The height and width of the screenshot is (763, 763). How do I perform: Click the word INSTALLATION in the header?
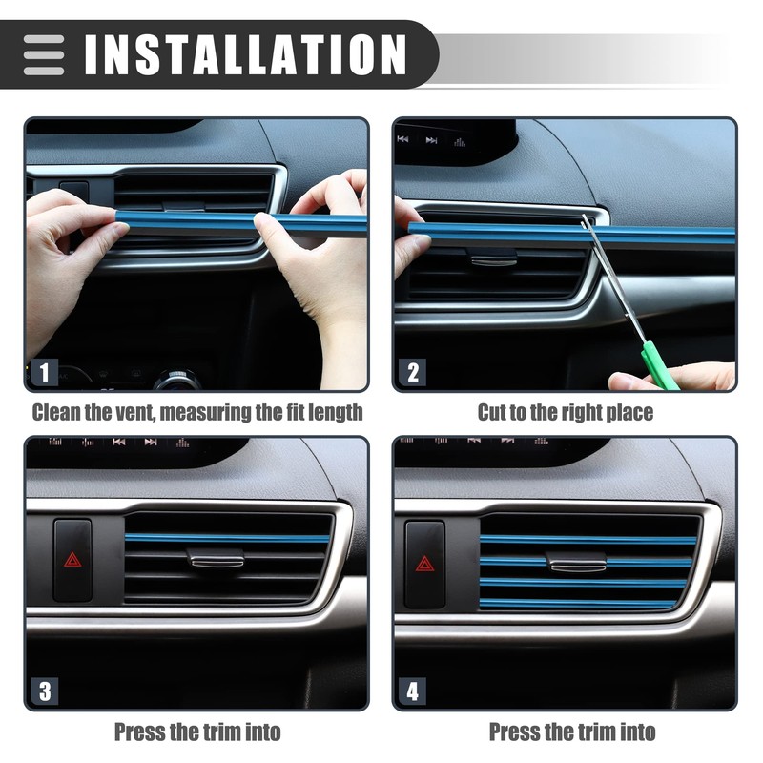tap(245, 54)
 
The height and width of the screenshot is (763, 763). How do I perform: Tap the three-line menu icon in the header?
tap(44, 55)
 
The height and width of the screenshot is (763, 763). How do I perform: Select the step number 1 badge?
tap(42, 372)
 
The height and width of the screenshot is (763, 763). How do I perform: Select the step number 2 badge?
tap(412, 372)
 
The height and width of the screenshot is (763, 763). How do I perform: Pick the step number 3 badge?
tap(42, 691)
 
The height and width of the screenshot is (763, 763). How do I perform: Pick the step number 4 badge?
tap(412, 691)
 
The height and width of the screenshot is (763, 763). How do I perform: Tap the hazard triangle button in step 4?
tap(424, 563)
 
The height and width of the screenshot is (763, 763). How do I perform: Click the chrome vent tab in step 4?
tap(578, 564)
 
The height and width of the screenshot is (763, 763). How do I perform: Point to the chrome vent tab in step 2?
tap(494, 259)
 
